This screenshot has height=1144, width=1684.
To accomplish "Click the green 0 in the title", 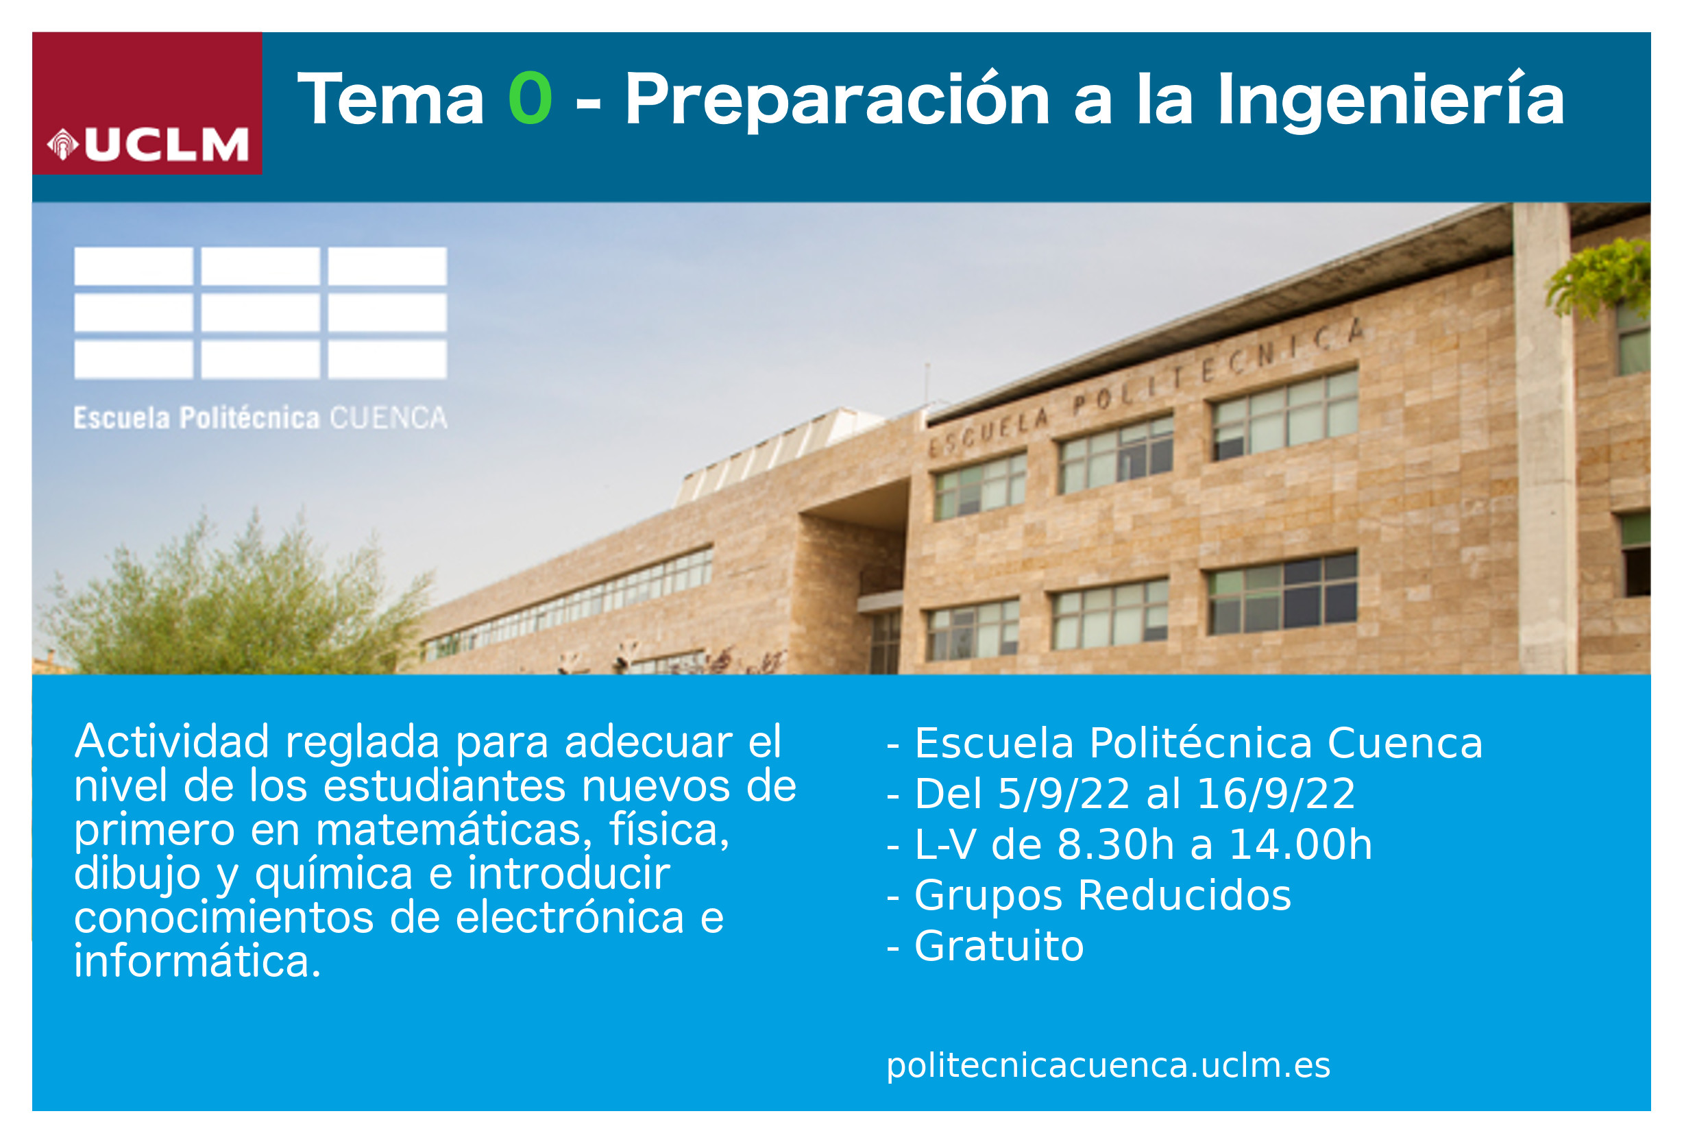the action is click(530, 98).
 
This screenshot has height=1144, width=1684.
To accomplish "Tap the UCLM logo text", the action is click(167, 144).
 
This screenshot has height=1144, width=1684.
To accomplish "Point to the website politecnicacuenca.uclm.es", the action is click(1109, 1065).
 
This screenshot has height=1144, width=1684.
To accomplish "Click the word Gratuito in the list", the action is click(999, 946).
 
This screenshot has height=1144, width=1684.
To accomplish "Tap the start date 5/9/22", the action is click(1064, 793).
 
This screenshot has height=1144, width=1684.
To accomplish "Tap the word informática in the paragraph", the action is click(197, 962).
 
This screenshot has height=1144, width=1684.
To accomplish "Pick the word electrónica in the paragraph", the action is click(570, 917).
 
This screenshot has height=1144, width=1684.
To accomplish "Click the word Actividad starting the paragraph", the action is click(172, 742).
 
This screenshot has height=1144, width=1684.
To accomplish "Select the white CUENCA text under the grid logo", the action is click(389, 418).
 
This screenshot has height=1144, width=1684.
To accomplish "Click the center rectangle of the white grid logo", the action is click(260, 313).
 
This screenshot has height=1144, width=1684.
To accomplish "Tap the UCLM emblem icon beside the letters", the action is click(63, 144).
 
